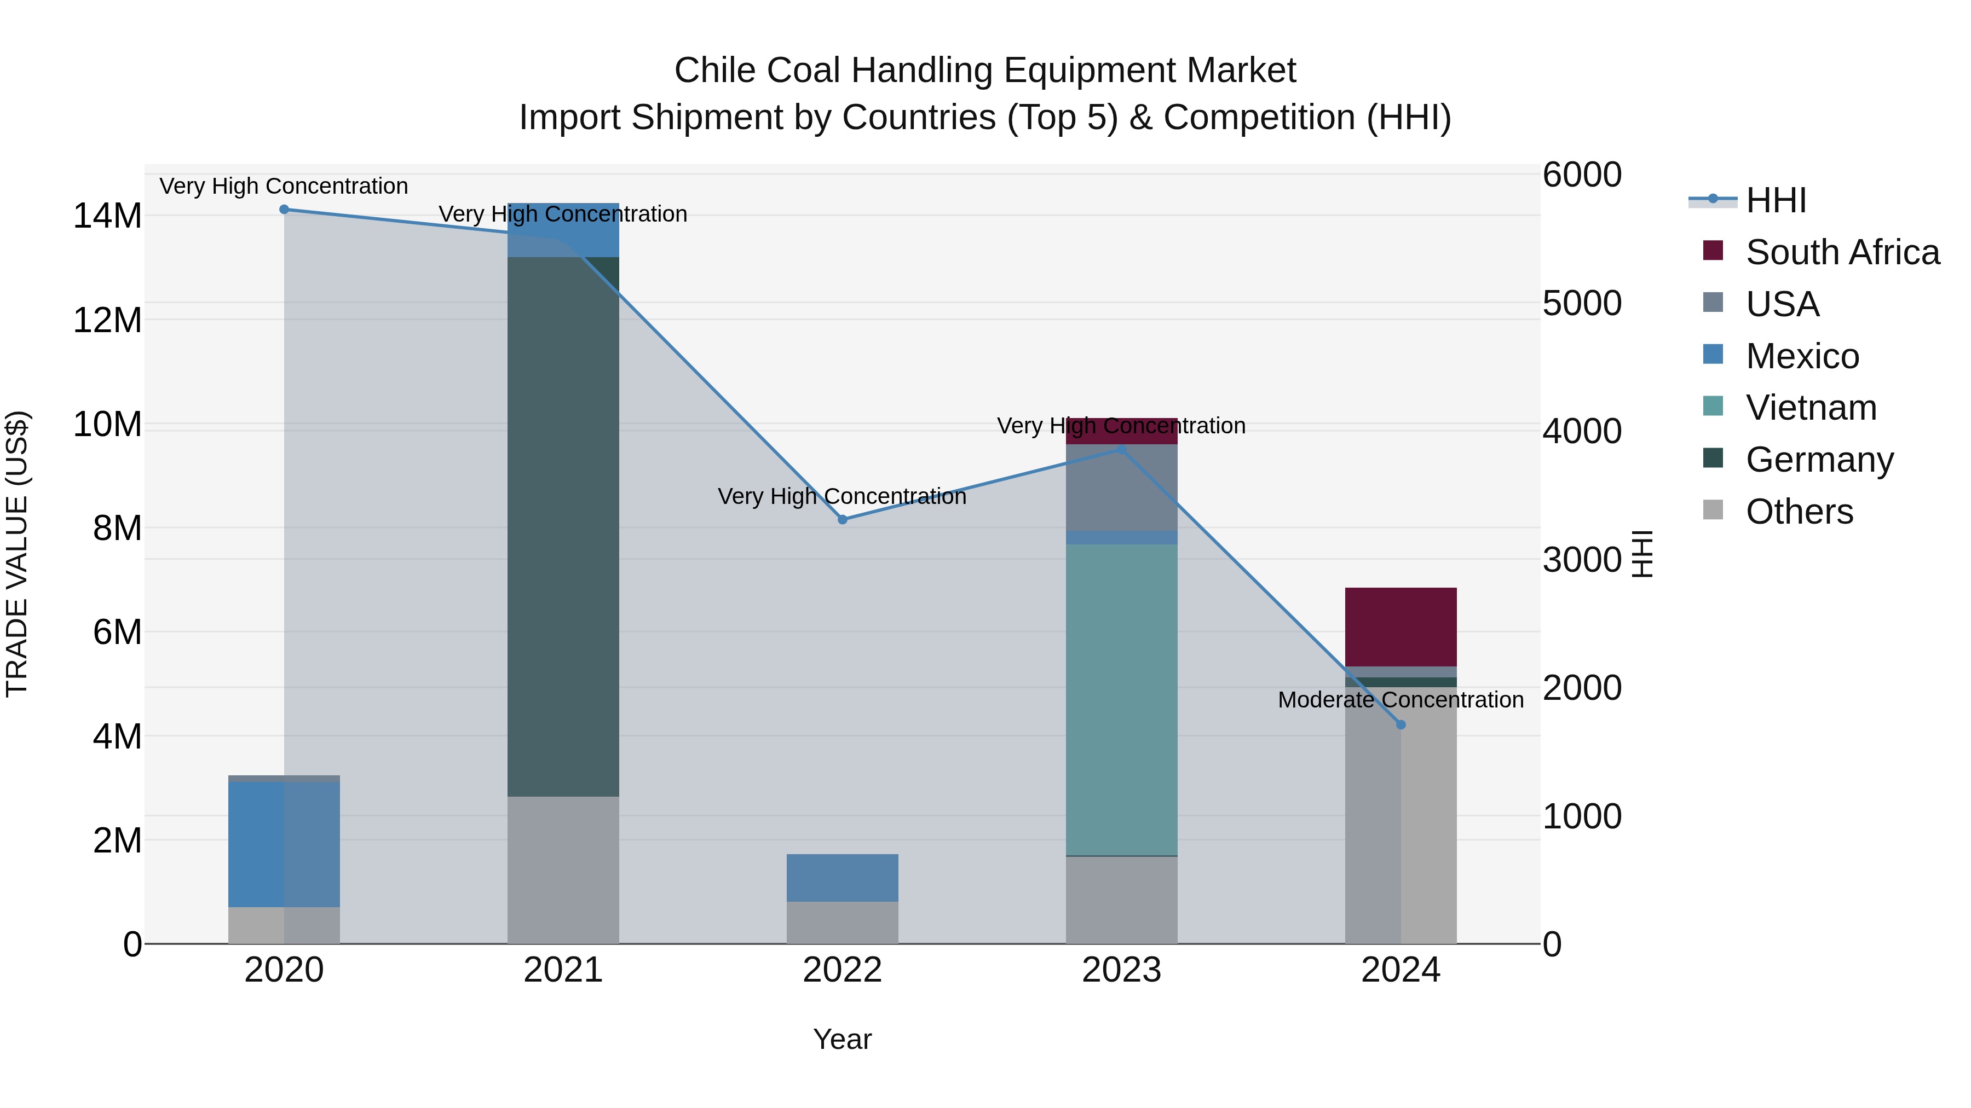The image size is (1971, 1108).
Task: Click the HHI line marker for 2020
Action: point(284,210)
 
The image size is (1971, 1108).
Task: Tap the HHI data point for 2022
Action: point(843,520)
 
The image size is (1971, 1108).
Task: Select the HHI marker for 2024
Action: point(1401,725)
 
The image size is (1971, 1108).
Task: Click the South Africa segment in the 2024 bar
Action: point(1401,627)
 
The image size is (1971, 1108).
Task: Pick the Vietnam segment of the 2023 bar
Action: point(1122,700)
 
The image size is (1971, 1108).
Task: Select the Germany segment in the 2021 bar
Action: point(563,527)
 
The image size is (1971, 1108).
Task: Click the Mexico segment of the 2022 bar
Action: point(843,878)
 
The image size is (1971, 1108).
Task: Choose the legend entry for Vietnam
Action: point(1811,408)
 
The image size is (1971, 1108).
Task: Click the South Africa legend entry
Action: point(1842,252)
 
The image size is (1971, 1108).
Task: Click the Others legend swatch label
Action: point(1799,512)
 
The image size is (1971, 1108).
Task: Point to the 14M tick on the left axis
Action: point(107,216)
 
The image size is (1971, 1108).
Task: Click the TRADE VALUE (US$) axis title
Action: point(17,554)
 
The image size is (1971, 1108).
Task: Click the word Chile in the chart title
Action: point(716,71)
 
